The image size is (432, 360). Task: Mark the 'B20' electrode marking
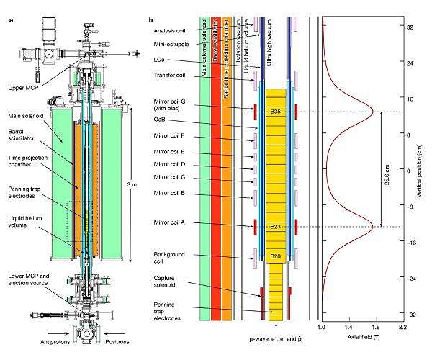274,256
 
